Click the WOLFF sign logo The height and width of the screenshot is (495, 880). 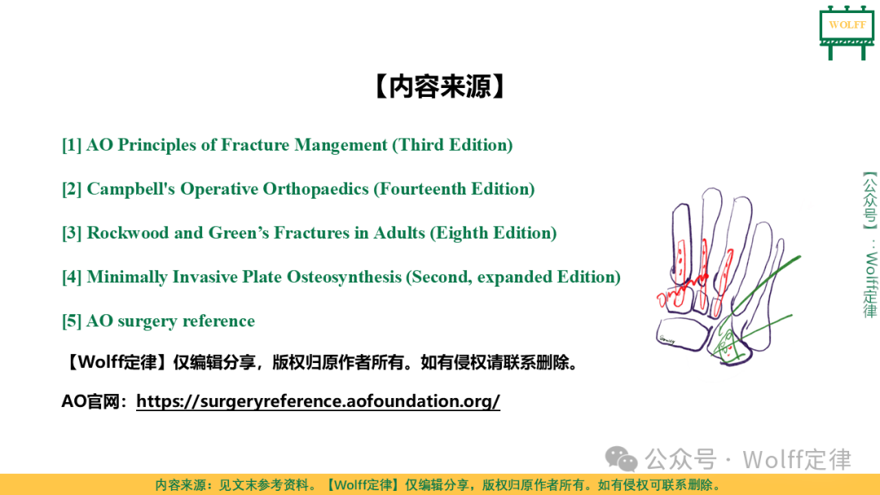pos(847,32)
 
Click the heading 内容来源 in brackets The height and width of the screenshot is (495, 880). pos(440,86)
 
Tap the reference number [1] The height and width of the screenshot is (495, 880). pos(71,145)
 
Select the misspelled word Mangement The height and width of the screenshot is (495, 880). pos(341,145)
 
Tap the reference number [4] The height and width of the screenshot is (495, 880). pos(71,277)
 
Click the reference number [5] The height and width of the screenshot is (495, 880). pos(71,322)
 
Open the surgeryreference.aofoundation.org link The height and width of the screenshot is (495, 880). pos(318,401)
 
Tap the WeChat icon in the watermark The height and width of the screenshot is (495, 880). pos(621,459)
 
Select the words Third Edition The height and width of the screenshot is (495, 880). pos(452,145)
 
